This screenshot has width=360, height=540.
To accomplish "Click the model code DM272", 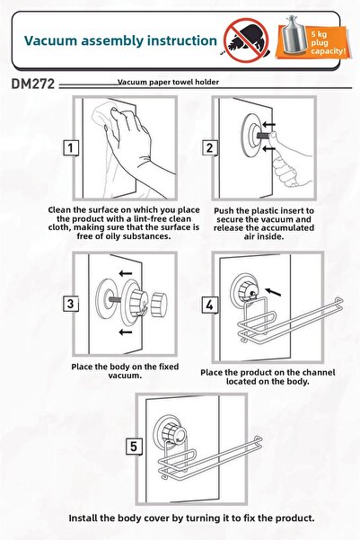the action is tap(32, 84).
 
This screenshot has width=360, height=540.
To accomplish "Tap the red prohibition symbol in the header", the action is tap(246, 40).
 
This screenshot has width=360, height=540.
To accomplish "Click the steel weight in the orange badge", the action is tap(294, 35).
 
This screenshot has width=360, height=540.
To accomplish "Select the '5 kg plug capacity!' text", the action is tap(328, 43).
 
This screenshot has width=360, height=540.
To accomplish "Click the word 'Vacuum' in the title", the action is tap(51, 40).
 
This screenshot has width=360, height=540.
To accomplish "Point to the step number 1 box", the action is tap(71, 148).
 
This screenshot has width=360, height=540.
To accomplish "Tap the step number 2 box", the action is tap(209, 148).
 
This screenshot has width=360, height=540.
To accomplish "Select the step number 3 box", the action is tap(71, 304).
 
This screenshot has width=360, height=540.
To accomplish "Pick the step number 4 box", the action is tap(209, 305).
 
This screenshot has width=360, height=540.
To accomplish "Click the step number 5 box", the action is tap(134, 447).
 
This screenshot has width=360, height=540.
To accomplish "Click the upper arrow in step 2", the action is tap(268, 124).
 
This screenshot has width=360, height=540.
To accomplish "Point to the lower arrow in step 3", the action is tap(126, 332).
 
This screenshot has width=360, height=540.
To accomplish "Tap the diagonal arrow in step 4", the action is tap(274, 292).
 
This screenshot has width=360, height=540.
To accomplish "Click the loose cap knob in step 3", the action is tap(159, 305).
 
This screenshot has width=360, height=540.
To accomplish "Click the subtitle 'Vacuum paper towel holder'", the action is tap(168, 82).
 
